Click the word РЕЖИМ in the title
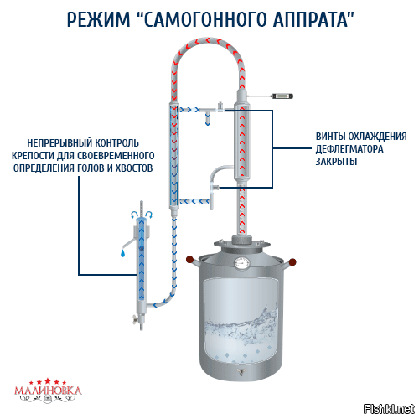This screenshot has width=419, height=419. point(93,19)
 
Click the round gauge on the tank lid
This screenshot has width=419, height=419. point(242,262)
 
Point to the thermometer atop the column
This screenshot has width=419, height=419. point(266,97)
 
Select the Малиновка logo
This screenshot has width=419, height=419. point(49,390)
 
